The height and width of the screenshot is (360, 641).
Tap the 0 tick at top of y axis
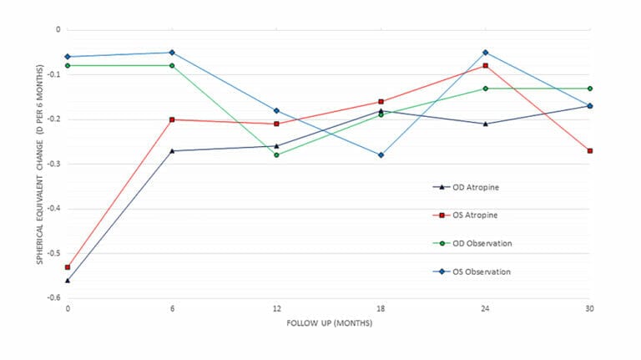point(58,29)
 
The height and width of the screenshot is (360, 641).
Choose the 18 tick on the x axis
point(381,307)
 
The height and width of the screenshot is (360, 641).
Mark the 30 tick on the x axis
point(589,307)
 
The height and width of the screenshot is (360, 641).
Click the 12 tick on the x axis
point(276,307)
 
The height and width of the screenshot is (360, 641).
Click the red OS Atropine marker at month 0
point(68,267)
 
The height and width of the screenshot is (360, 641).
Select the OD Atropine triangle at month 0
point(68,281)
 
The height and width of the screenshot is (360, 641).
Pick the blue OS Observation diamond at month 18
point(381,155)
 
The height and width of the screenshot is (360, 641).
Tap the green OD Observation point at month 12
point(276,155)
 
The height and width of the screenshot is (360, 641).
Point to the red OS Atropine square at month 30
point(589,151)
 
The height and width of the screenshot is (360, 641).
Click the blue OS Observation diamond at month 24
point(485,53)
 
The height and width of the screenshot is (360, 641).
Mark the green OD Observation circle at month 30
point(589,89)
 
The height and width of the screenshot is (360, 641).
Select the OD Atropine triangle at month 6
point(172,151)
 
